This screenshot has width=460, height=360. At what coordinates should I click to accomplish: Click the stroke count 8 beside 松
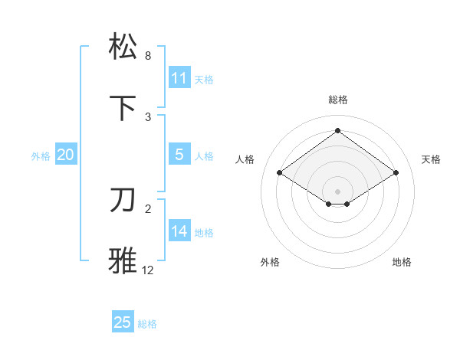[x=148, y=56]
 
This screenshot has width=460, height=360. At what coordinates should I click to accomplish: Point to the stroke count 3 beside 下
[x=148, y=116]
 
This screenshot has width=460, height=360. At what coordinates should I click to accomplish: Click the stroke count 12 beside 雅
[x=148, y=270]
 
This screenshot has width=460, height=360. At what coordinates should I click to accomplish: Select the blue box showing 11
[x=179, y=78]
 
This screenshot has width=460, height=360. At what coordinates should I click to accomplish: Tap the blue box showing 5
[x=179, y=154]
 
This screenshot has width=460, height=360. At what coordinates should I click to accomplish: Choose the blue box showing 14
[x=179, y=231]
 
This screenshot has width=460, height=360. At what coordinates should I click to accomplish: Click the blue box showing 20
[x=65, y=155]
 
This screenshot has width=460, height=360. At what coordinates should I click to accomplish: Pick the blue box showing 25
[x=123, y=322]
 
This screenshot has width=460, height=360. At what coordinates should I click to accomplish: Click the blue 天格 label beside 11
[x=204, y=79]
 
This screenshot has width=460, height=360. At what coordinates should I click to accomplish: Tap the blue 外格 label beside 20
[x=41, y=155]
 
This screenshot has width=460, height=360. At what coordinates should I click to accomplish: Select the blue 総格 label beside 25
[x=147, y=324]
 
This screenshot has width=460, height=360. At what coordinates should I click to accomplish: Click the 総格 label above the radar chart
[x=337, y=100]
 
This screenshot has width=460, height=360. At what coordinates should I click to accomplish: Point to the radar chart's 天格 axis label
[x=431, y=159]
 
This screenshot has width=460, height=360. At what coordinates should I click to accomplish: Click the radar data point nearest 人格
[x=280, y=173]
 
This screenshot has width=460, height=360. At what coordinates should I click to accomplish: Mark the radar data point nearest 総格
[x=337, y=131]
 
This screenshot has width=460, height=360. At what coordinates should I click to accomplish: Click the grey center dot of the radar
[x=337, y=191]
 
